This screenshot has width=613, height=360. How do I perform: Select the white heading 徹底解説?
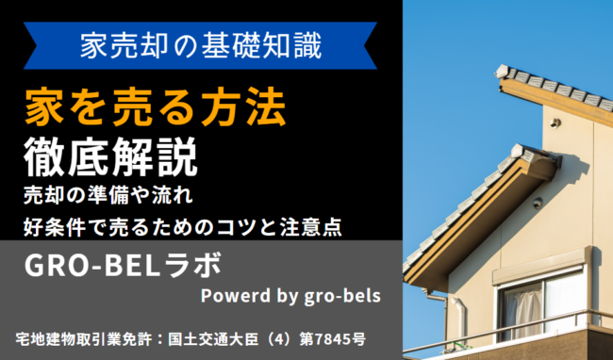point(111,156)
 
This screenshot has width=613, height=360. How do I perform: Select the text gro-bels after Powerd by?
point(339,296)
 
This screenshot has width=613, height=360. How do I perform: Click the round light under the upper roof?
point(555,123)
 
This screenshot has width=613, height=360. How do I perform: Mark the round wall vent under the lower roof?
point(538,203)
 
